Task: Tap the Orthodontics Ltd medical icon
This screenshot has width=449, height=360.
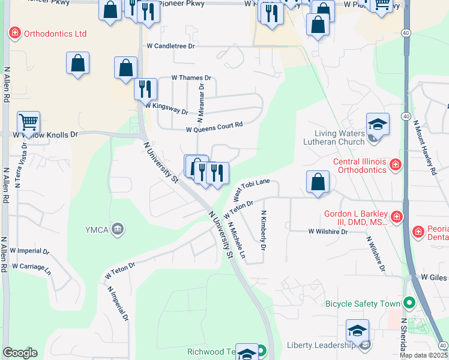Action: (14, 34)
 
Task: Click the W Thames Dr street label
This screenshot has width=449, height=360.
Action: (191, 78)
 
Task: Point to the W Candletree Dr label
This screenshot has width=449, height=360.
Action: (171, 46)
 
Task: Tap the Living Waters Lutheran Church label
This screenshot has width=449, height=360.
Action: (340, 137)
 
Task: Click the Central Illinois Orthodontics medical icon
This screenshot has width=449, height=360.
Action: (395, 164)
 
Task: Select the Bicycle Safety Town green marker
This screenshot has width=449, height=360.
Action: (410, 304)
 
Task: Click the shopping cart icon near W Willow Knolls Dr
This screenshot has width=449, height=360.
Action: (28, 122)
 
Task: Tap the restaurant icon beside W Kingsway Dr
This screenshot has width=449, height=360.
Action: (145, 89)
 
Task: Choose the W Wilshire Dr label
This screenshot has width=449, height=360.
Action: (328, 231)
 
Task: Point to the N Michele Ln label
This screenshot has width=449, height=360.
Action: (237, 241)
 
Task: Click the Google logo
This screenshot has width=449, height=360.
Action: (20, 353)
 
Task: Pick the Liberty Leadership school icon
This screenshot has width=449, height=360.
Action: (357, 330)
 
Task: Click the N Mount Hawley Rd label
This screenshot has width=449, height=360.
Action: (424, 147)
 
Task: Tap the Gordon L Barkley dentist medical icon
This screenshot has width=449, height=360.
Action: (396, 216)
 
